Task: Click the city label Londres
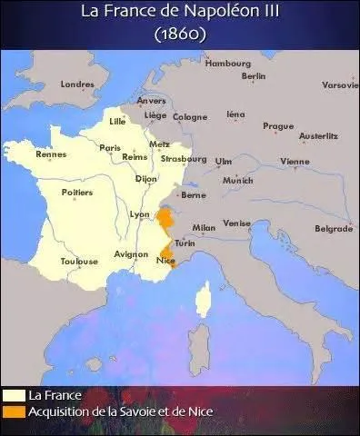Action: tap(76, 84)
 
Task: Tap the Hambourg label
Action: tap(227, 63)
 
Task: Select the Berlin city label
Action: tap(254, 76)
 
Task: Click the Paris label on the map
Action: tap(110, 147)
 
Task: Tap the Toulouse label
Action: tap(79, 261)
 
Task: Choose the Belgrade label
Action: tap(333, 228)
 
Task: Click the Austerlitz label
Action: tap(318, 135)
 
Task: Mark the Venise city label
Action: tap(236, 223)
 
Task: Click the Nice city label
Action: tap(165, 261)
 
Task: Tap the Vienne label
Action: tap(295, 161)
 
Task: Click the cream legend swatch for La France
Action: tap(13, 395)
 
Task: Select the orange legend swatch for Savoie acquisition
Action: tap(13, 411)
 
